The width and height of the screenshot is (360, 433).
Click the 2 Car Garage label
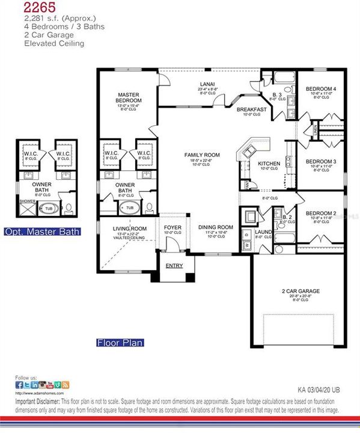point(301,291)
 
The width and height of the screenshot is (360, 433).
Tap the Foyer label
point(172,227)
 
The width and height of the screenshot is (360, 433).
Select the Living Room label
point(130,229)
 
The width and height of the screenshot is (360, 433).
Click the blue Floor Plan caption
point(120,343)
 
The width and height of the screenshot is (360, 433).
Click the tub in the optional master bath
point(47,209)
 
